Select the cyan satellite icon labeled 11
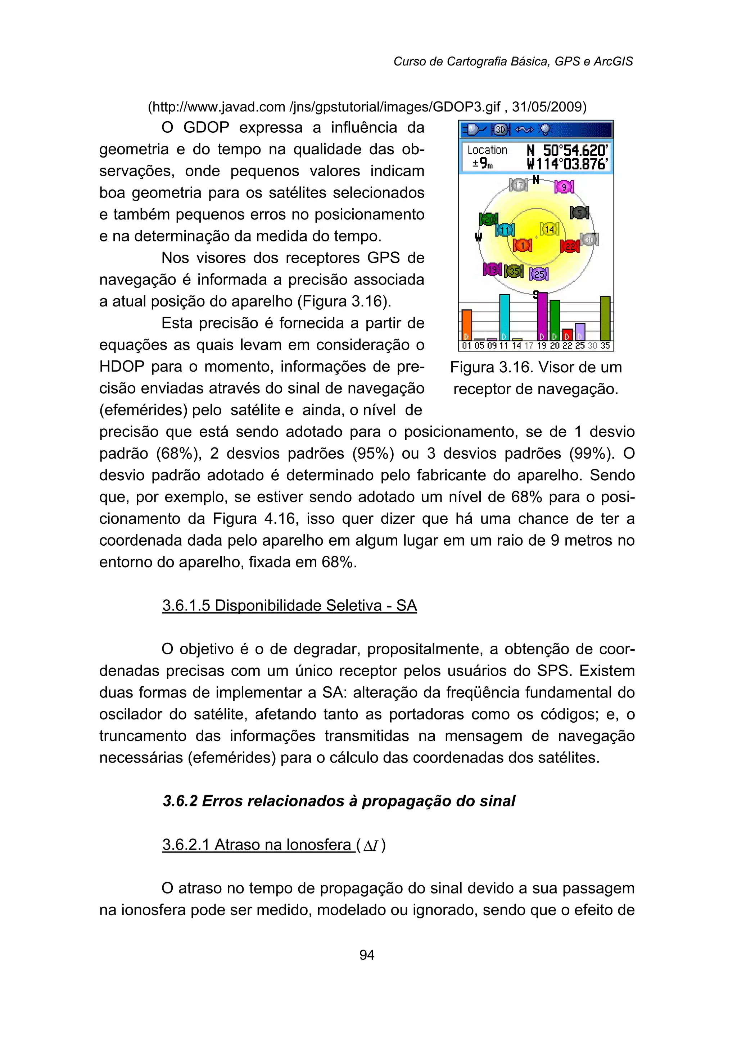(x=505, y=230)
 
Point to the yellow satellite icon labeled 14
(x=549, y=229)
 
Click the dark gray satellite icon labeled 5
(x=579, y=212)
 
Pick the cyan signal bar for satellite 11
(x=504, y=318)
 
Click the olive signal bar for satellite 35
(x=605, y=318)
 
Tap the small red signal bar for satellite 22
(x=567, y=335)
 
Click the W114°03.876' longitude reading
(x=567, y=164)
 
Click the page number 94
(x=367, y=955)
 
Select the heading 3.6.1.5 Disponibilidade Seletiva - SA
(x=290, y=605)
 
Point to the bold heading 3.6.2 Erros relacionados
(x=339, y=801)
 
